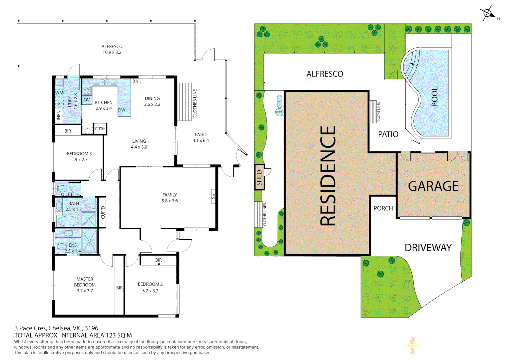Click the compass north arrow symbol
(488, 13)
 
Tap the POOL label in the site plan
(434, 96)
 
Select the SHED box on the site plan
(259, 177)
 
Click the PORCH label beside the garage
(383, 208)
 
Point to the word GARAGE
(433, 186)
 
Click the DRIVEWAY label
(428, 248)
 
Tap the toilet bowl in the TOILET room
(61, 189)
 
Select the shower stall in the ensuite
(89, 241)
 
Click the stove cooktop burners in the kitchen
(87, 91)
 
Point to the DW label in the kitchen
(122, 110)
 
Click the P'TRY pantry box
(100, 129)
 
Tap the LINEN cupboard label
(59, 116)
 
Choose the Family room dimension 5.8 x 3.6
(170, 201)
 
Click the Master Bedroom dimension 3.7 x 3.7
(85, 291)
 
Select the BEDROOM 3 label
(79, 154)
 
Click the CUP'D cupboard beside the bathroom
(103, 212)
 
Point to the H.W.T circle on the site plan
(279, 112)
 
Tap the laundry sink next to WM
(60, 83)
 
